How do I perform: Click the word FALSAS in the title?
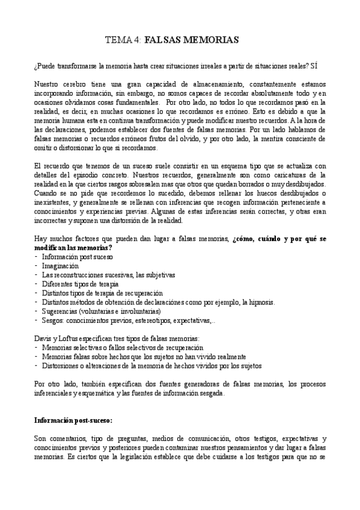point(167,40)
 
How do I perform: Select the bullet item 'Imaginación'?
point(60,265)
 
